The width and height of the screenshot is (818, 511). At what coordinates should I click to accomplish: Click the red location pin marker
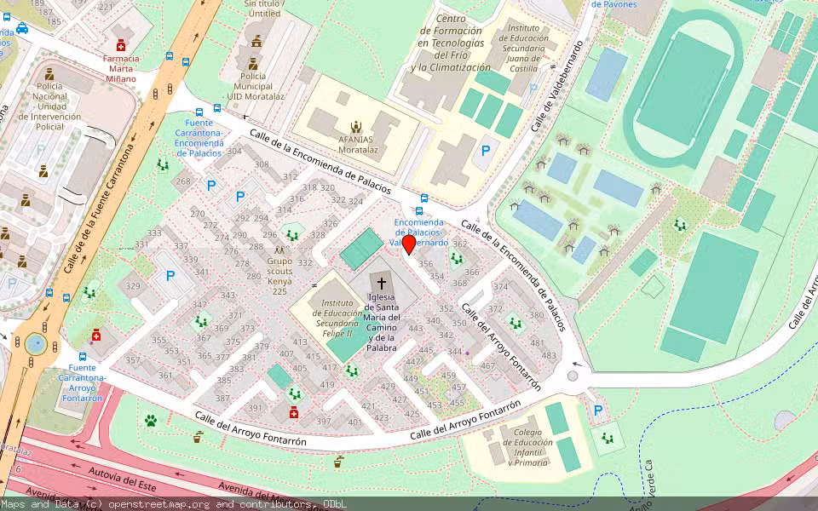tap(409, 244)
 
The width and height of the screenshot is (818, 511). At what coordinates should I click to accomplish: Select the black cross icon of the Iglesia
tap(381, 282)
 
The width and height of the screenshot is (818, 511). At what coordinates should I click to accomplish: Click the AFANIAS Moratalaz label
tap(358, 143)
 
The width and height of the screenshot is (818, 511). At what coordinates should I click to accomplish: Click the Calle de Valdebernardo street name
tap(558, 85)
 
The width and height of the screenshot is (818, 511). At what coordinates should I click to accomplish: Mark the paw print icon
tap(151, 420)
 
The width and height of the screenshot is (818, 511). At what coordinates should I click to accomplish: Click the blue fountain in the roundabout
tap(35, 343)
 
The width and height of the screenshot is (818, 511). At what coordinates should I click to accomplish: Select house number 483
tap(549, 355)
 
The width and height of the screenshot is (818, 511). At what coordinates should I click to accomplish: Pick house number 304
tap(234, 152)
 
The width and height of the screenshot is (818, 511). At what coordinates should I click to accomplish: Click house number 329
tap(133, 286)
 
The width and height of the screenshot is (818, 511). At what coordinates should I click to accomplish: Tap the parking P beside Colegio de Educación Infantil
tap(598, 411)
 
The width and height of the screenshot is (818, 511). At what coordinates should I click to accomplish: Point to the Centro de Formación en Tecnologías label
tap(451, 43)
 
